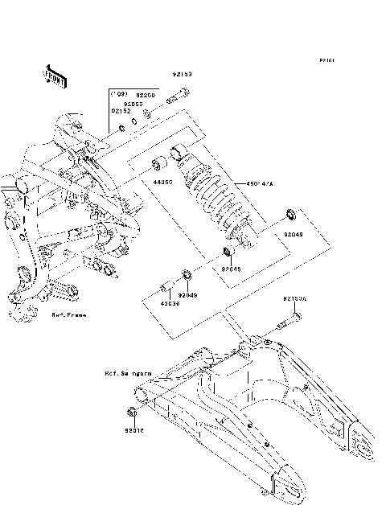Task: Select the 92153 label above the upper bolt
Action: (181, 75)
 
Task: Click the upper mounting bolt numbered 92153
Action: (177, 101)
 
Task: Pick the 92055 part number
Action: (133, 103)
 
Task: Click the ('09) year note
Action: (119, 94)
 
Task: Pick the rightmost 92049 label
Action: (294, 234)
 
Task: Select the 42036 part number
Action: (169, 304)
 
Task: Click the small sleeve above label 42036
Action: (164, 287)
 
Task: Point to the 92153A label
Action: (295, 299)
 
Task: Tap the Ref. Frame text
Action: (69, 316)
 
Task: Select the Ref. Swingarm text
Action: (128, 374)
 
